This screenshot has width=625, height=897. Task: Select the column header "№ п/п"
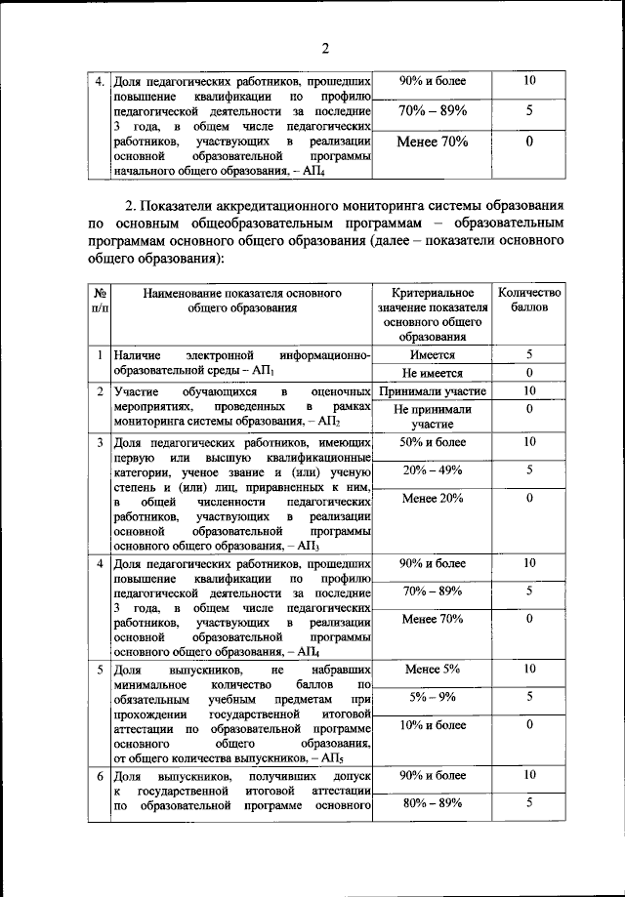pyautogui.click(x=100, y=300)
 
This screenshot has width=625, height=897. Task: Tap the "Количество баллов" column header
pyautogui.click(x=529, y=300)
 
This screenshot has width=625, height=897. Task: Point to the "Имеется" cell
pyautogui.click(x=432, y=356)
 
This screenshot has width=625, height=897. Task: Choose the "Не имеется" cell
pyautogui.click(x=432, y=374)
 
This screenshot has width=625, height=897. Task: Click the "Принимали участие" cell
pyautogui.click(x=432, y=391)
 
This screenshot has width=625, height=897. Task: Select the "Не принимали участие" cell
pyautogui.click(x=432, y=417)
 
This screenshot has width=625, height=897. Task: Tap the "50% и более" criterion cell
pyautogui.click(x=432, y=443)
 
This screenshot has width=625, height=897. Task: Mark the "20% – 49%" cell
pyautogui.click(x=432, y=470)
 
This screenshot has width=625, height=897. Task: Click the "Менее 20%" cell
pyautogui.click(x=432, y=499)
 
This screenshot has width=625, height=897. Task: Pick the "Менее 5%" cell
pyautogui.click(x=432, y=670)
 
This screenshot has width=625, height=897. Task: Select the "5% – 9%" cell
pyautogui.click(x=432, y=697)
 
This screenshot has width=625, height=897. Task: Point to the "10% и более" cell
pyautogui.click(x=432, y=725)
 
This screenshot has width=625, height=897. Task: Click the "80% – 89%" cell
pyautogui.click(x=432, y=803)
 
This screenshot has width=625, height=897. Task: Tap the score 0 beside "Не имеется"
pyautogui.click(x=529, y=374)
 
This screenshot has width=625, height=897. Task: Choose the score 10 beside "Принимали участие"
pyautogui.click(x=529, y=391)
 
